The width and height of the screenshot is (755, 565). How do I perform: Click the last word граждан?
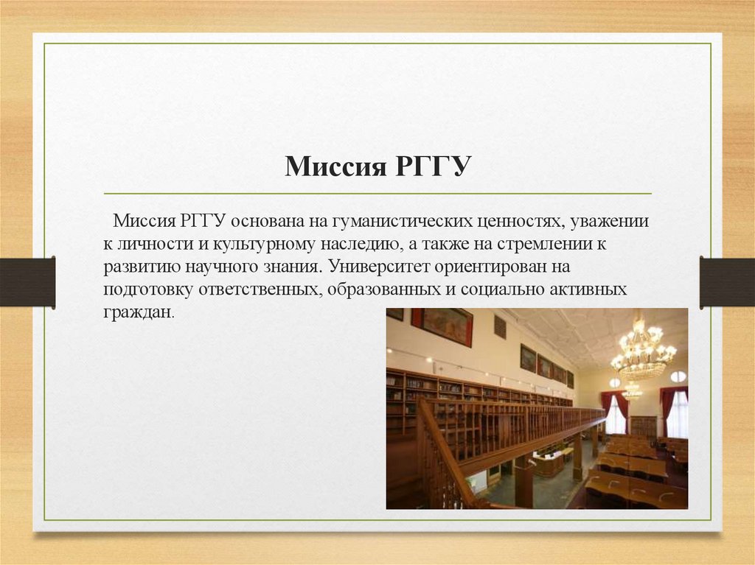click(x=137, y=312)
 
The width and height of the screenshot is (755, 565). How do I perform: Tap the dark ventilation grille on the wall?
click(x=500, y=326)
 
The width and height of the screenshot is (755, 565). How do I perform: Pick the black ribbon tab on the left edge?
click(x=27, y=281)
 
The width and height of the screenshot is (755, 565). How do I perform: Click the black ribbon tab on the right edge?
click(x=727, y=281)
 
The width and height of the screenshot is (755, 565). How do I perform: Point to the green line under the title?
click(x=377, y=194)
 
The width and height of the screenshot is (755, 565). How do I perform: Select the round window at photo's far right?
click(x=678, y=376)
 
